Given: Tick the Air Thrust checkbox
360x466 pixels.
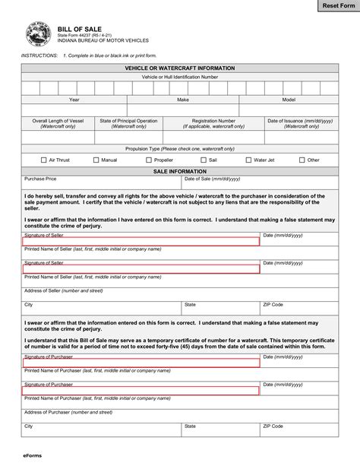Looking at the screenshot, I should [43, 160].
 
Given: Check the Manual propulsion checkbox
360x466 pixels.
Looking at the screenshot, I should [96, 160].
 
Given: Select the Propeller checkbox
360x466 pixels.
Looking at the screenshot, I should [148, 160].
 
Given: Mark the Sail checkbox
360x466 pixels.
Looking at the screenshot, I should [203, 160].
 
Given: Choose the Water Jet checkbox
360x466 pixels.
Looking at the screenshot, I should [248, 160].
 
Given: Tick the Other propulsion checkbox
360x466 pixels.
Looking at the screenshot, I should [302, 160].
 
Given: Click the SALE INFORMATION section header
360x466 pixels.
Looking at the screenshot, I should [179, 172].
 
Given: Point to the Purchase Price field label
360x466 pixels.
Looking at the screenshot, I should [40, 179].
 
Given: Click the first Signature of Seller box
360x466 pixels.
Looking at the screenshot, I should [141, 241].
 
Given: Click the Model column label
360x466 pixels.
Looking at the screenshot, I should [289, 100].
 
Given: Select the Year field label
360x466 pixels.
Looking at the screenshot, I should [74, 100].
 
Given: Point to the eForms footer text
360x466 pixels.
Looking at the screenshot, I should [31, 458].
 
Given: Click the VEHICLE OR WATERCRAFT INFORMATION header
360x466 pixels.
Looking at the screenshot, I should [179, 68].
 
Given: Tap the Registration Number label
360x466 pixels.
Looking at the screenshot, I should [213, 120].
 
